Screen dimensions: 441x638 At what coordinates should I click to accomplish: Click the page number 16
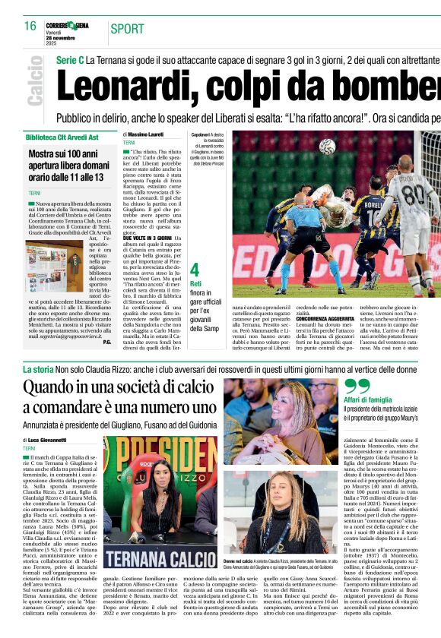pyautogui.click(x=30, y=26)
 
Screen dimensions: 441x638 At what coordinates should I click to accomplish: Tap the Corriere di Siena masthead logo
pyautogui.click(x=66, y=26)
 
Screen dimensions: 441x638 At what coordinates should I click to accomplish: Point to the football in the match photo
pyautogui.click(x=326, y=146)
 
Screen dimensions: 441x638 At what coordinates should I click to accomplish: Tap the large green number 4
pyautogui.click(x=195, y=269)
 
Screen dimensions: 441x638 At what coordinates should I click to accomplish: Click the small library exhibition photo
pyautogui.click(x=46, y=267)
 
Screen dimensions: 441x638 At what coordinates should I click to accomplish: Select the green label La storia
pyautogui.click(x=36, y=369)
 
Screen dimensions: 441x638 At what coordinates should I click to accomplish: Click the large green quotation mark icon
pyautogui.click(x=357, y=387)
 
